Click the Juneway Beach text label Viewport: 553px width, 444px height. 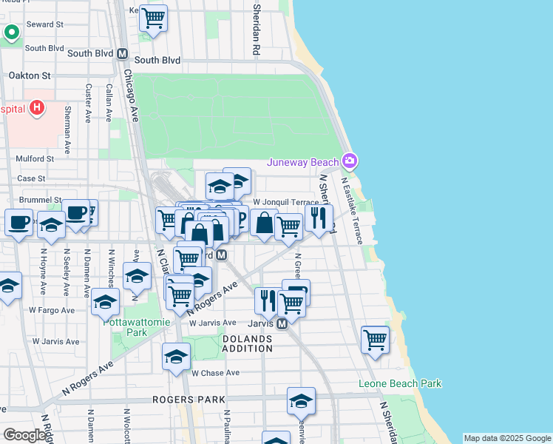(x=302, y=162)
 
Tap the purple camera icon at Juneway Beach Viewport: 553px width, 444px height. (x=350, y=161)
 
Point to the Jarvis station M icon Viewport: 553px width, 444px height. (x=282, y=323)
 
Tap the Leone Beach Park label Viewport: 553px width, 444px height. (x=399, y=383)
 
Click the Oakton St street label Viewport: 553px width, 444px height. (x=30, y=75)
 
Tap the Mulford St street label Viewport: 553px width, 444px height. (x=35, y=158)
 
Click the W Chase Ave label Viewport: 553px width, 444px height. (x=216, y=373)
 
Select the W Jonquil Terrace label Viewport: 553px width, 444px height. (x=285, y=201)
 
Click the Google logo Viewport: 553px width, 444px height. (x=24, y=435)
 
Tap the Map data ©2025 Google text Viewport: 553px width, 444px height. (x=506, y=438)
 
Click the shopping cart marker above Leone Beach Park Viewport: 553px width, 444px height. (x=376, y=340)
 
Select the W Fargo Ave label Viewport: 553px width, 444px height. (x=53, y=310)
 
